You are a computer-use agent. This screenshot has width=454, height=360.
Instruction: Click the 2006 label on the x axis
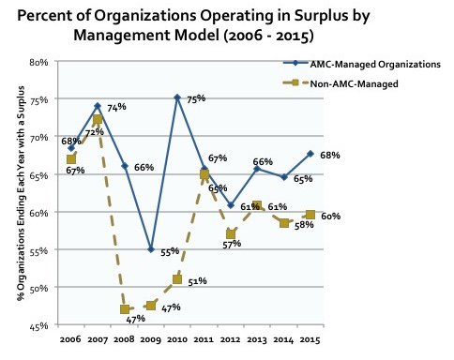[70, 338]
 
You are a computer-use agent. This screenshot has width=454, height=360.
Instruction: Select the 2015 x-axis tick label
[310, 338]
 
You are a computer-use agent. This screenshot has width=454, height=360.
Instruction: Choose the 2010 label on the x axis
[177, 338]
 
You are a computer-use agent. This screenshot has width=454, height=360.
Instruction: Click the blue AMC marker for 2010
[177, 97]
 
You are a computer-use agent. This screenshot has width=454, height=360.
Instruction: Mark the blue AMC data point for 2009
[150, 249]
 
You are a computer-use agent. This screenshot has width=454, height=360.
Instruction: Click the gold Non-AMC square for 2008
[124, 309]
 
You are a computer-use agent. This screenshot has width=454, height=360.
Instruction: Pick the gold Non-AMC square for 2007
[98, 120]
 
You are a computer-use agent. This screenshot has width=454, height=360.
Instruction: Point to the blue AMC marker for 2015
[310, 153]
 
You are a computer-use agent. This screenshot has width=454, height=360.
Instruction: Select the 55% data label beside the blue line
[169, 253]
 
